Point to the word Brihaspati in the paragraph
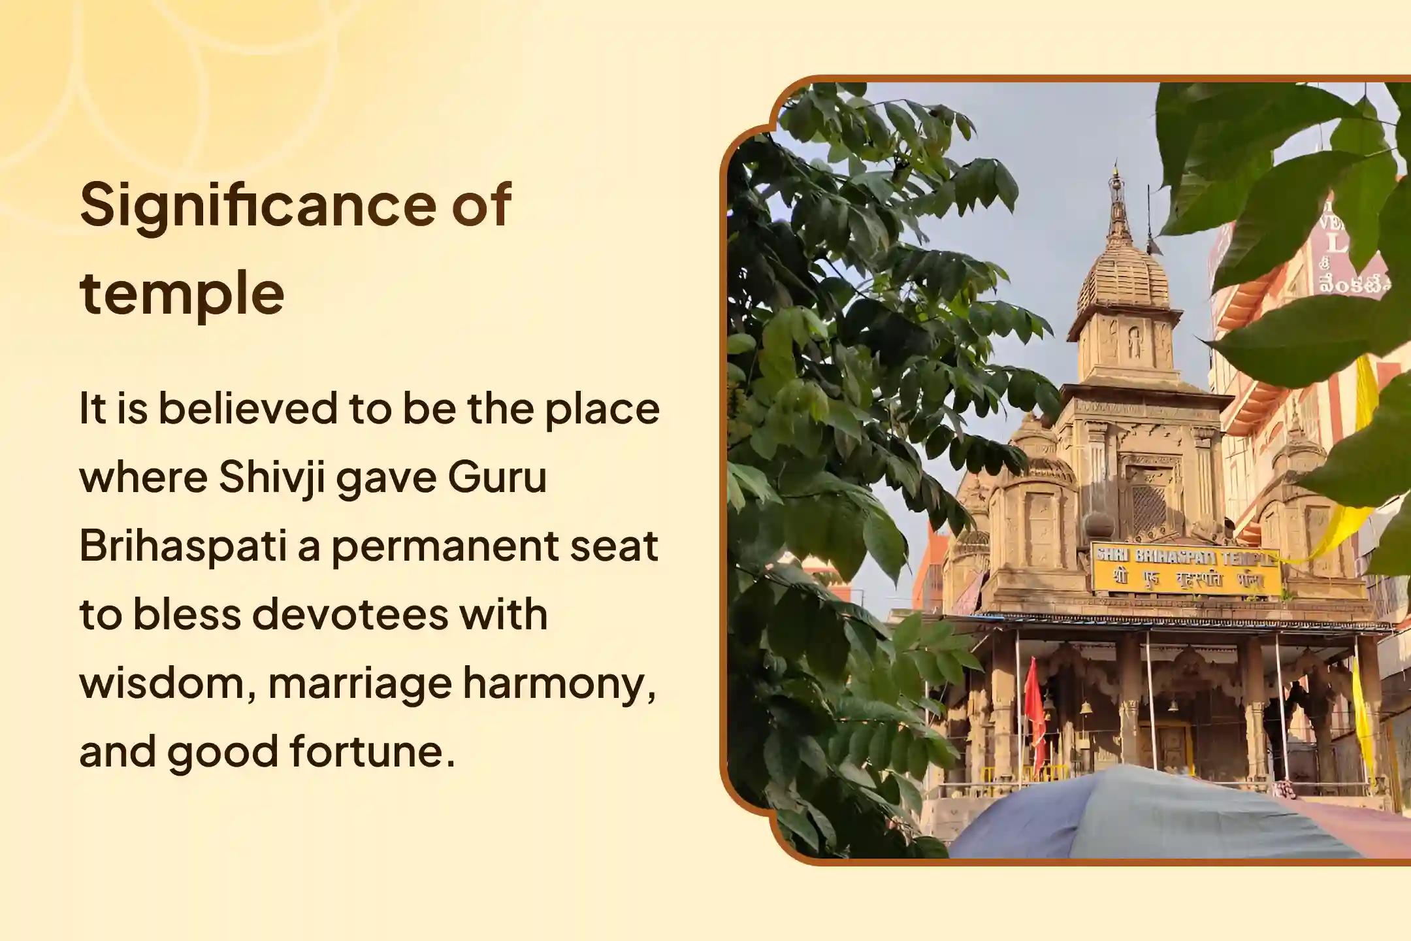pyautogui.click(x=183, y=546)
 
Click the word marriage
pyautogui.click(x=360, y=684)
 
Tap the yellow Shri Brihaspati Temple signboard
pyautogui.click(x=1186, y=569)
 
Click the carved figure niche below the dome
pyautogui.click(x=1135, y=342)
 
